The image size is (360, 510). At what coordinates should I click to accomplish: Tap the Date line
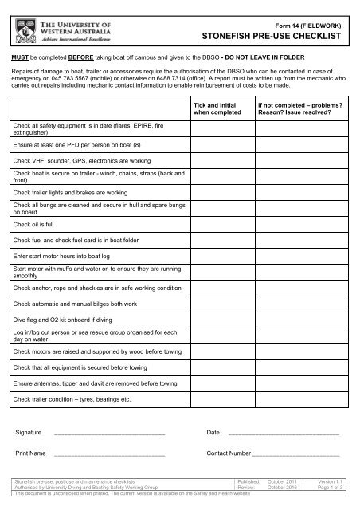click(283, 433)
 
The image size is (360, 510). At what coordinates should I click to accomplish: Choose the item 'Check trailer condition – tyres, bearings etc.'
click(67, 398)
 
